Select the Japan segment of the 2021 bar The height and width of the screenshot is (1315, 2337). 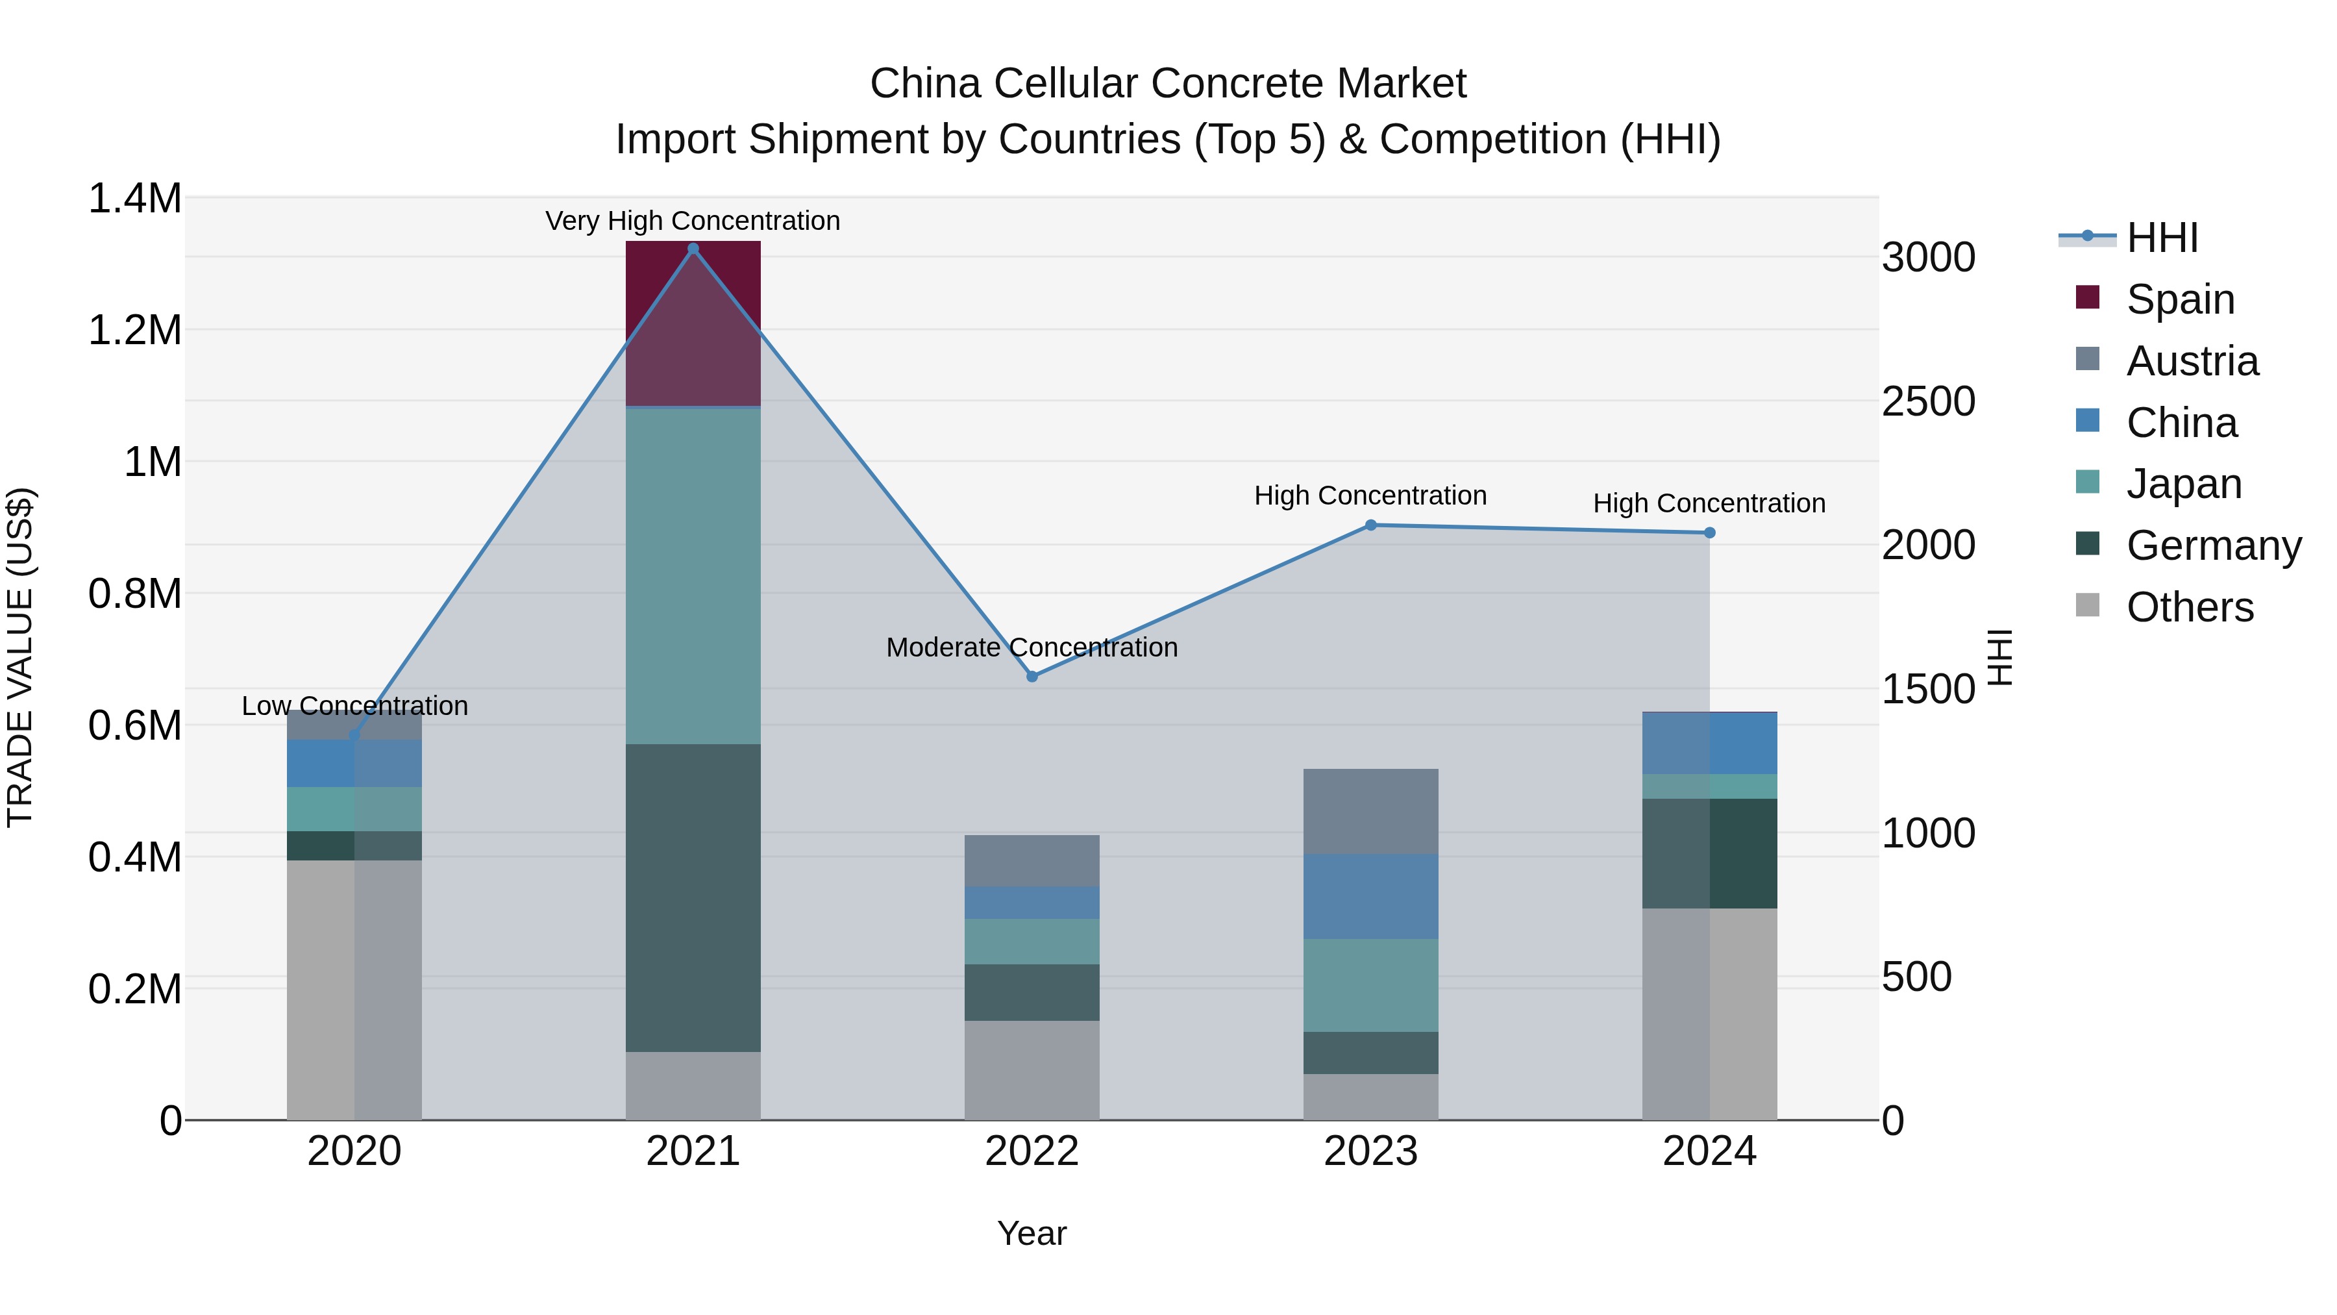[693, 575]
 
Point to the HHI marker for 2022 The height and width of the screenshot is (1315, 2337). [1032, 676]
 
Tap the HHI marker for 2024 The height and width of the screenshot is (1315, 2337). [1709, 532]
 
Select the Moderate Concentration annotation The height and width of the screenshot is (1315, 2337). [1032, 647]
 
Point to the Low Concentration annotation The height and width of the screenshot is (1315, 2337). [354, 705]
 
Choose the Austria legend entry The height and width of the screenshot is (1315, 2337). [2192, 360]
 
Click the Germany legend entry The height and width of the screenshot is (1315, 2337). [2213, 545]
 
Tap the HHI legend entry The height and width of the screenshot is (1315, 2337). [2161, 238]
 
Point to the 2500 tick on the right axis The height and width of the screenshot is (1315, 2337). [1928, 401]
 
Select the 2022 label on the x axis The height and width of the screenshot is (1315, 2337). [1032, 1151]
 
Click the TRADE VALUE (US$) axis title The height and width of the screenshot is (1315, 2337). [21, 657]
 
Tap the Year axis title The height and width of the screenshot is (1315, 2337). [1032, 1233]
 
